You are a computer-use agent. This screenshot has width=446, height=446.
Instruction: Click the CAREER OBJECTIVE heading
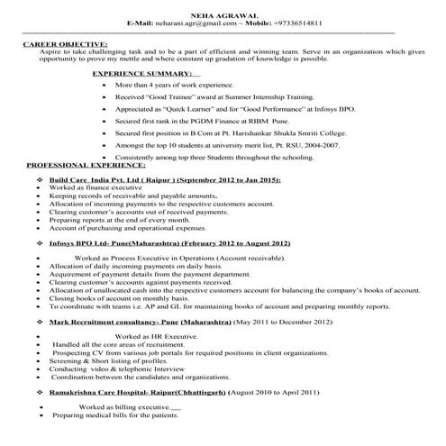[x=65, y=42]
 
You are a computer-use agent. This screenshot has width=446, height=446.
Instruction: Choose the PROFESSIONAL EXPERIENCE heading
[x=86, y=167]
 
